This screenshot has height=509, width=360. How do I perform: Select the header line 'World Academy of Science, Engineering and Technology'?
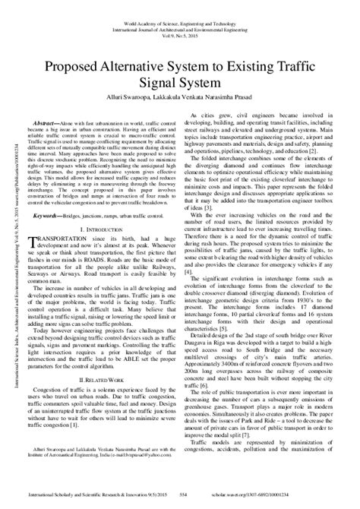click(x=179, y=7)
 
